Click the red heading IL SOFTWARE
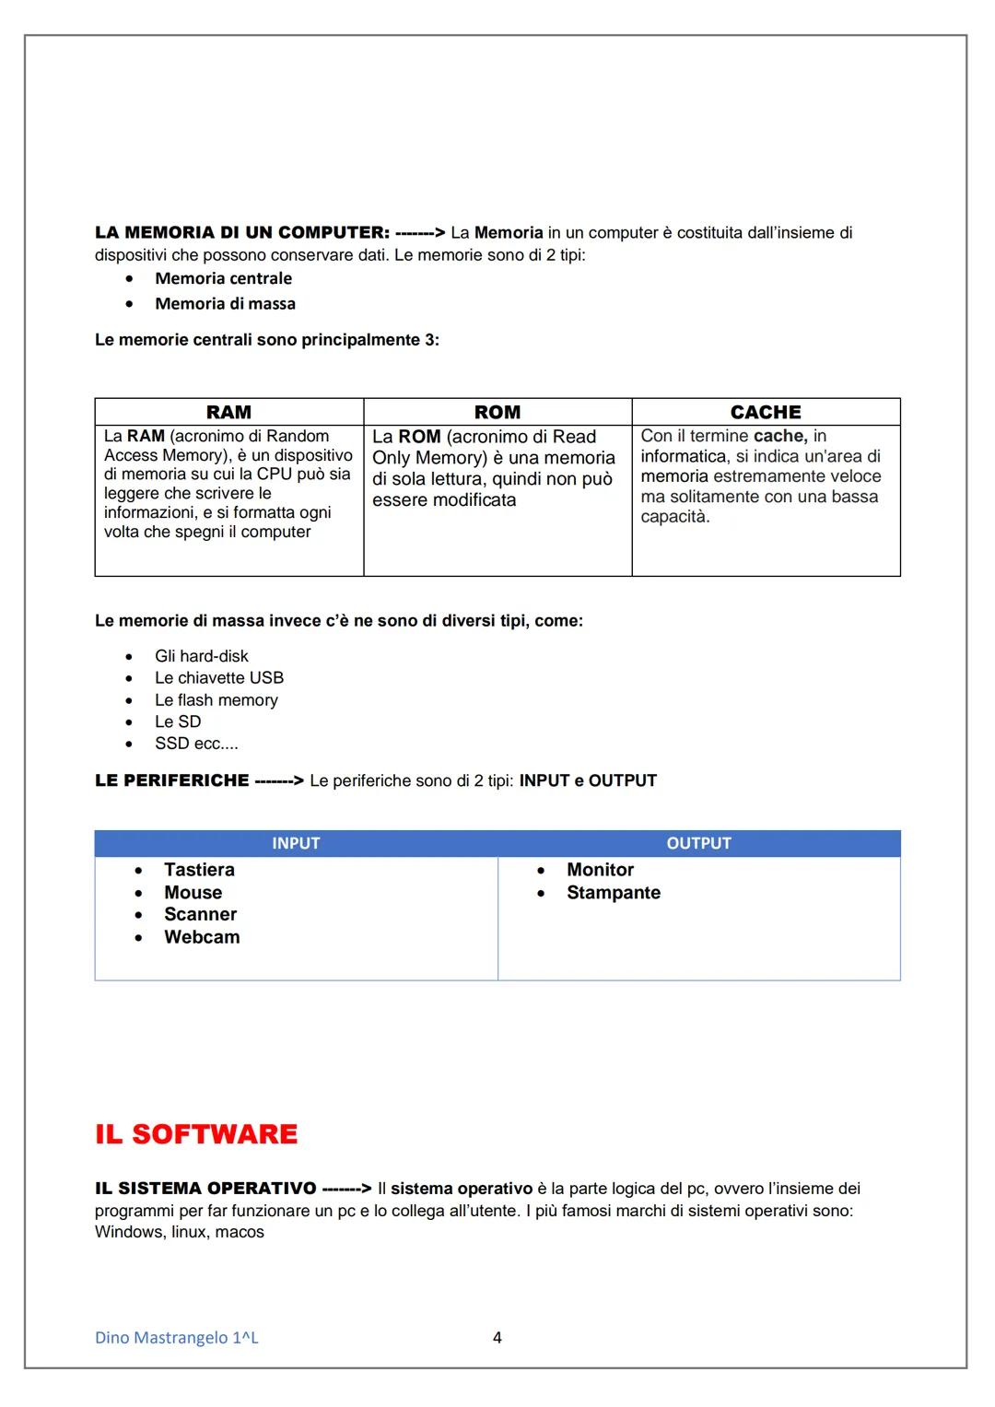(196, 1133)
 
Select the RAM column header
(228, 412)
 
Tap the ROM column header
(497, 412)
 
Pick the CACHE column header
(766, 412)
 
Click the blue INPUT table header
(296, 843)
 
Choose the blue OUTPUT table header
(698, 843)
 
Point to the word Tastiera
(199, 870)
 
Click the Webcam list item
(202, 937)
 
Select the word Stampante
(614, 893)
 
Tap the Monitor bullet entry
(600, 870)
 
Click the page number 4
(497, 1337)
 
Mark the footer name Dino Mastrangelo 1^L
(177, 1337)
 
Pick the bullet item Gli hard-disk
(202, 656)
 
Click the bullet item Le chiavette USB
(219, 678)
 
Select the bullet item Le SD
(178, 721)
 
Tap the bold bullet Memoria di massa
(225, 303)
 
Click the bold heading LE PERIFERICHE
(171, 780)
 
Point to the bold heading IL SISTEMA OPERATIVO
(205, 1189)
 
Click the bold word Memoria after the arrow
(509, 233)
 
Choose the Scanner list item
(200, 914)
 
